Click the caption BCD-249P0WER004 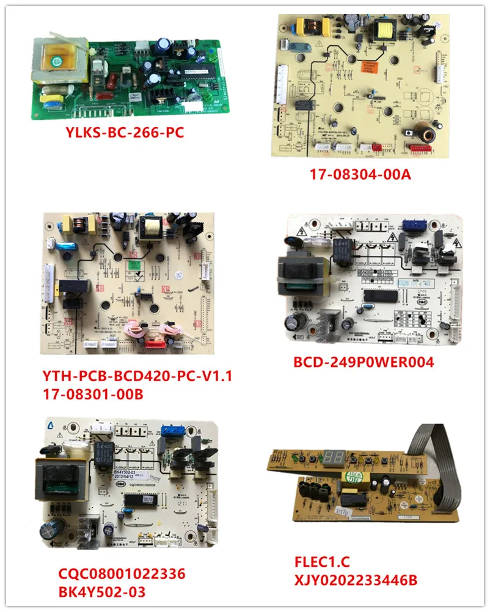click(364, 362)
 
